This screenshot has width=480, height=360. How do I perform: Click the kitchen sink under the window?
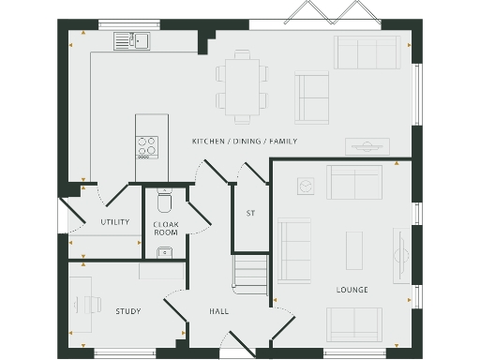point(133,40)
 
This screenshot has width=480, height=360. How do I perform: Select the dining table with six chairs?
point(241,86)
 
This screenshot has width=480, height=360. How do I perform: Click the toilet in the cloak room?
point(165,202)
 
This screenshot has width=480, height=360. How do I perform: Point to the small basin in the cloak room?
point(164,250)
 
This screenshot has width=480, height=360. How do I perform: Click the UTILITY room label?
point(114,222)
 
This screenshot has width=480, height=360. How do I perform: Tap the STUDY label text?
point(127,311)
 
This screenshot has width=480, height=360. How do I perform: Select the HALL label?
point(218,311)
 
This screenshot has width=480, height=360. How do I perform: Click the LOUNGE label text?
point(352,290)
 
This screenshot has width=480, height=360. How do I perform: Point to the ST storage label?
point(250,214)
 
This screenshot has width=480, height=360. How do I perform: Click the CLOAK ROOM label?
point(166,228)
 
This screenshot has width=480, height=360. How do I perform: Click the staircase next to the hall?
point(250,274)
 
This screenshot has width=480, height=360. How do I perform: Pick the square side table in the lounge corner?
point(305,187)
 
